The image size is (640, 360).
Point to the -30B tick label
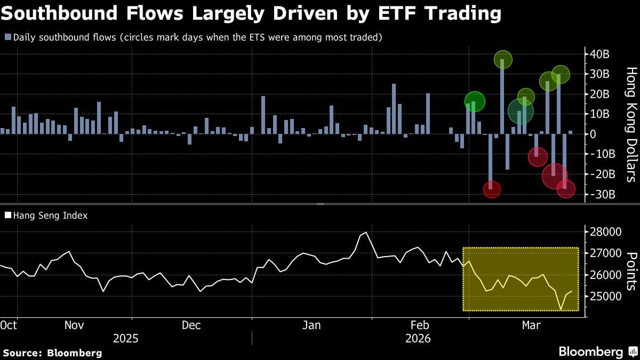[604, 194]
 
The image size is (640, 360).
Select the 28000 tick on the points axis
[609, 232]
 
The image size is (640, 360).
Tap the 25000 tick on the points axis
[609, 296]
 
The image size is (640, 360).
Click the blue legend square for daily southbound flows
[7, 37]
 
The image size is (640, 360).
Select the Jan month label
[311, 325]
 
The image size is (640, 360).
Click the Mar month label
[531, 325]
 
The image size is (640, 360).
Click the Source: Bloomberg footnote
[52, 353]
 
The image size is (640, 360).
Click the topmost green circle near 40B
[502, 59]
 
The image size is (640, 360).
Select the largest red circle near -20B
[555, 176]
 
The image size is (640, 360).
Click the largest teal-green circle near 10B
[520, 111]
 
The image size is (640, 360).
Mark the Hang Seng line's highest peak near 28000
[366, 233]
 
